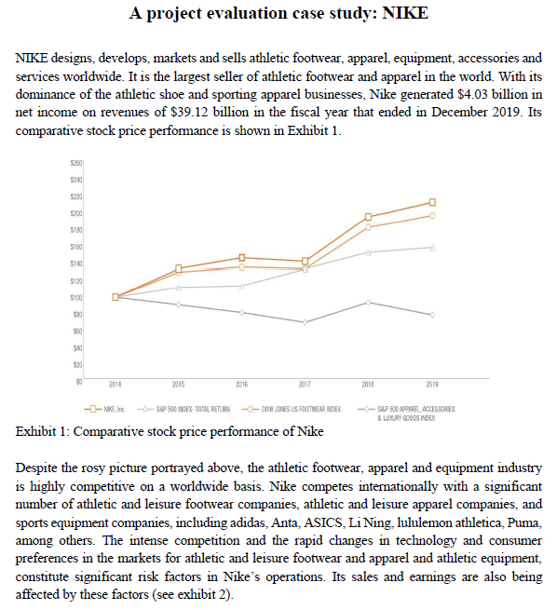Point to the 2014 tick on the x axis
(115, 383)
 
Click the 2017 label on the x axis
(305, 383)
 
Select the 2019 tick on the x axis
(431, 383)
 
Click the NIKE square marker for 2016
(242, 257)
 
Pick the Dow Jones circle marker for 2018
(369, 227)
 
